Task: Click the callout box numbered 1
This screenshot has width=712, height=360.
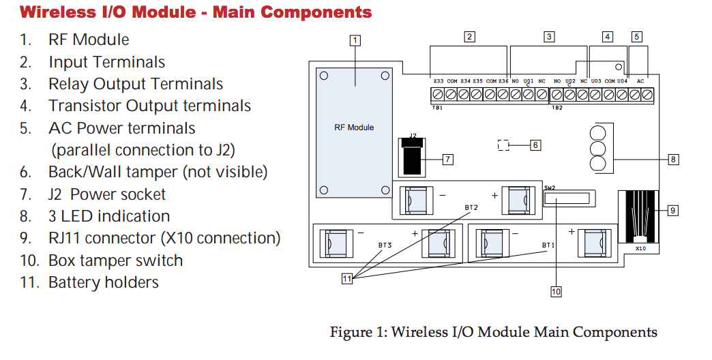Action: click(x=355, y=41)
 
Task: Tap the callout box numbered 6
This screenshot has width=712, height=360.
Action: click(x=536, y=145)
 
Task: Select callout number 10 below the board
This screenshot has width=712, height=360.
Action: click(x=557, y=291)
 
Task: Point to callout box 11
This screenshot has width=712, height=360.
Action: click(x=347, y=279)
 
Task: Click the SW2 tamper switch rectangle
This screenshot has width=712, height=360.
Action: click(x=569, y=198)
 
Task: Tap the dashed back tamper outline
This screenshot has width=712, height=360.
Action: click(x=503, y=145)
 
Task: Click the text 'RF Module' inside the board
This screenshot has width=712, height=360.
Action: click(x=354, y=127)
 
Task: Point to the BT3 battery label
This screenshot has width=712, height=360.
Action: click(x=385, y=245)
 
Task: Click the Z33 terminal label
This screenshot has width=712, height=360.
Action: click(x=439, y=81)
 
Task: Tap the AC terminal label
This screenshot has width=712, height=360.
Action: click(x=640, y=81)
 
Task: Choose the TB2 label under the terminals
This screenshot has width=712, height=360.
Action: click(x=557, y=108)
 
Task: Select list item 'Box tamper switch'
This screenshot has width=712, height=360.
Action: click(x=116, y=260)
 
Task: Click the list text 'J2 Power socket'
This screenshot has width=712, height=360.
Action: click(x=107, y=194)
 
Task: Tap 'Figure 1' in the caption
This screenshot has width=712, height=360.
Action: click(x=357, y=332)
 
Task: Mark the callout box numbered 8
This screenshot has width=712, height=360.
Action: click(x=673, y=160)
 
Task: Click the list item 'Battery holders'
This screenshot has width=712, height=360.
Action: click(x=104, y=282)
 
